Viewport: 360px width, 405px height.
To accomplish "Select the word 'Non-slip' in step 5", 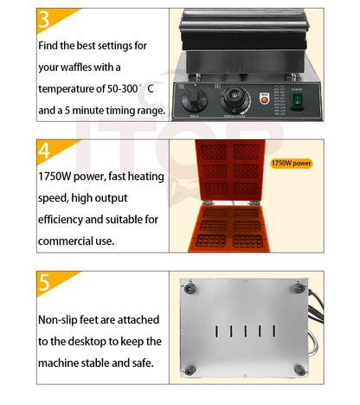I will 61,318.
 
